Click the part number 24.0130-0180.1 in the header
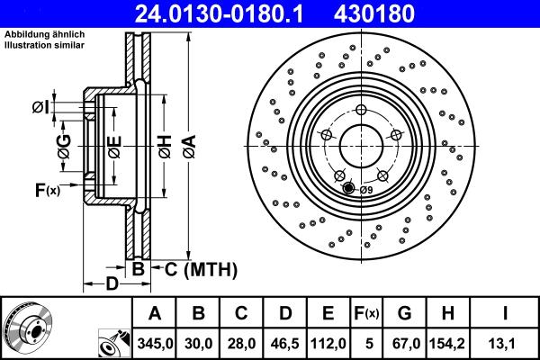[x=229, y=14]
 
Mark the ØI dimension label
[x=40, y=108]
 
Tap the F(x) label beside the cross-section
[x=46, y=190]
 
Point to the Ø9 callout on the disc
[x=365, y=189]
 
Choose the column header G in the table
[x=404, y=312]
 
